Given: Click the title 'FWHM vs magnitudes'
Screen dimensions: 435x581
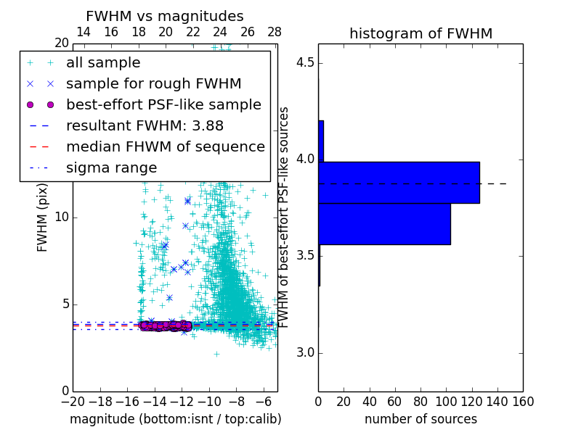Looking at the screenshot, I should pyautogui.click(x=165, y=16).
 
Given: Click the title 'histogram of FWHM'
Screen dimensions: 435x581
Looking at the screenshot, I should pyautogui.click(x=420, y=33).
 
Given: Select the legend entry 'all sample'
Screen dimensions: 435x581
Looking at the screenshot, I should pyautogui.click(x=103, y=63).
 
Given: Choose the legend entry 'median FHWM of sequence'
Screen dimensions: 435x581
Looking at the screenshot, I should pyautogui.click(x=165, y=146).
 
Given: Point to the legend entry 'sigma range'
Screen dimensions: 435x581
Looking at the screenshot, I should pyautogui.click(x=111, y=167).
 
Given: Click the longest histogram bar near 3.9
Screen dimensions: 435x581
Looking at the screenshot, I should pyautogui.click(x=399, y=182).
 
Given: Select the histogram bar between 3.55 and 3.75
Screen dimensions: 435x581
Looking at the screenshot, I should pyautogui.click(x=384, y=224).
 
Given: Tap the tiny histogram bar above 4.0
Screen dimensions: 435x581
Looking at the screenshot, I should pyautogui.click(x=321, y=141).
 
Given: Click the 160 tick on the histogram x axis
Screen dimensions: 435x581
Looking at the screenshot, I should pyautogui.click(x=522, y=401).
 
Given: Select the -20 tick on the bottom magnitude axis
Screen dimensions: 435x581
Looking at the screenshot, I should pyautogui.click(x=73, y=401).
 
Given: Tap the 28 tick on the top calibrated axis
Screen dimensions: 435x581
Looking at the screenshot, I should pyautogui.click(x=275, y=32).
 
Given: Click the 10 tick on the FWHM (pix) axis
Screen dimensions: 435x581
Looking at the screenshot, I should pyautogui.click(x=62, y=217).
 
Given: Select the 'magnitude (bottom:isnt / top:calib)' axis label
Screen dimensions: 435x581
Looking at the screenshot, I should pyautogui.click(x=175, y=419).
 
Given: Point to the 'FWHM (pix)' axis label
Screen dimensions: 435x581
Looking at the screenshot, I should pyautogui.click(x=42, y=217).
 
